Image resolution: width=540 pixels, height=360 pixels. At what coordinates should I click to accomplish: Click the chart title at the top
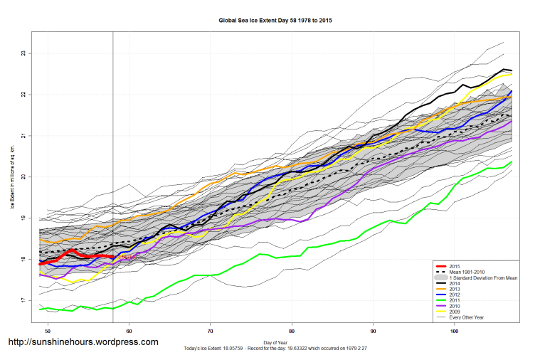click(270, 21)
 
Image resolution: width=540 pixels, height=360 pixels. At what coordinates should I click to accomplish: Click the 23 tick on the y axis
click(23, 53)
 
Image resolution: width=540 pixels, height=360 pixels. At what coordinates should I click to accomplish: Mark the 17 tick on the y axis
click(23, 301)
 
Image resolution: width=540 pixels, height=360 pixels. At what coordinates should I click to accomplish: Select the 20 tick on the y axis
click(23, 177)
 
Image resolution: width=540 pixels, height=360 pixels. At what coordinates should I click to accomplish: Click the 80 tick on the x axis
click(292, 332)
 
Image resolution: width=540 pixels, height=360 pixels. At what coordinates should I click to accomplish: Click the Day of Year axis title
click(275, 342)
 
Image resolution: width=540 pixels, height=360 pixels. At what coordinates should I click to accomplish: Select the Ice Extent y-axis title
click(12, 177)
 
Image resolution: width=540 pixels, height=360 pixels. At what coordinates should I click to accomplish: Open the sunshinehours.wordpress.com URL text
click(83, 342)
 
